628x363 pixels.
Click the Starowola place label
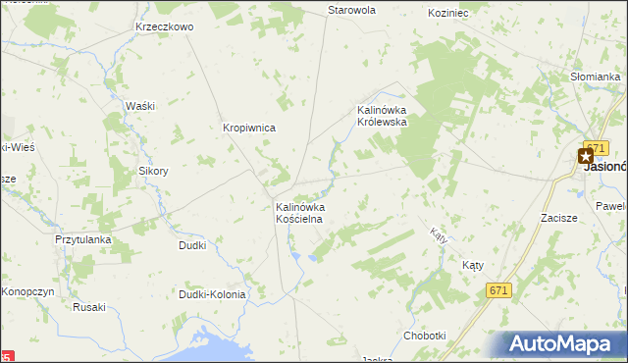tap(352, 10)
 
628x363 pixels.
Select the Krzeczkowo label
tap(165, 26)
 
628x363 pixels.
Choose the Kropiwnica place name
tap(249, 128)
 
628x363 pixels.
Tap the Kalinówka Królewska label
tap(388, 116)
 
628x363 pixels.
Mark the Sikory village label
tap(153, 170)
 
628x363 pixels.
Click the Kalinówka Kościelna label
tap(299, 213)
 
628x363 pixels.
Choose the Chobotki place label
tap(425, 336)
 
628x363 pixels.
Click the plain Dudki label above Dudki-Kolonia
tap(192, 245)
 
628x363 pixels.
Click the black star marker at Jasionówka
tap(587, 155)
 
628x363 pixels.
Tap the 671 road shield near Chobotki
tap(499, 290)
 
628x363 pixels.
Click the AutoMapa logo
tap(563, 344)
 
